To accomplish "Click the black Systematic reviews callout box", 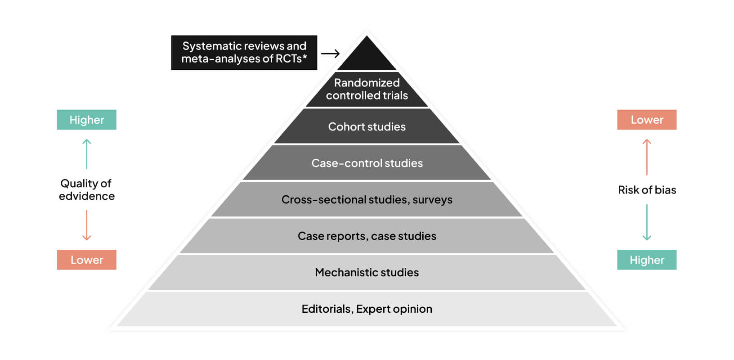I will pyautogui.click(x=244, y=53).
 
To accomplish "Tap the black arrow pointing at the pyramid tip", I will pyautogui.click(x=330, y=54).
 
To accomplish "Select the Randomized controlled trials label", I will pyautogui.click(x=367, y=89).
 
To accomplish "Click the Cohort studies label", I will pyautogui.click(x=367, y=126).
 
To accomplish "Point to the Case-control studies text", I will pyautogui.click(x=367, y=163).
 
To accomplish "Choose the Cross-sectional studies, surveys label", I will pyautogui.click(x=367, y=199).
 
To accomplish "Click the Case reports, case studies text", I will pyautogui.click(x=367, y=236).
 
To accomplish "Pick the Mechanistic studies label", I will pyautogui.click(x=367, y=272).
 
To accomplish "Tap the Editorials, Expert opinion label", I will pyautogui.click(x=367, y=309).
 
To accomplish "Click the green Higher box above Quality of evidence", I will pyautogui.click(x=87, y=120).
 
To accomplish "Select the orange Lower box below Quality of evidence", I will pyautogui.click(x=87, y=260).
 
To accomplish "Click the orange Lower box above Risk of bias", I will pyautogui.click(x=647, y=120).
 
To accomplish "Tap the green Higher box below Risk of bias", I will pyautogui.click(x=647, y=260).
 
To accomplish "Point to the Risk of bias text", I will pyautogui.click(x=647, y=190).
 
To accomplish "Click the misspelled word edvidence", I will pyautogui.click(x=87, y=196).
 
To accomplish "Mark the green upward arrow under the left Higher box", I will pyautogui.click(x=87, y=154).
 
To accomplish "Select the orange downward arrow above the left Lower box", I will pyautogui.click(x=87, y=225).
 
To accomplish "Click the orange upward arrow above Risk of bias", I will pyautogui.click(x=647, y=157).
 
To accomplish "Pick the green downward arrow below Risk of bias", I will pyautogui.click(x=647, y=222).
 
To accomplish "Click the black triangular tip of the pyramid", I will pyautogui.click(x=367, y=57).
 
